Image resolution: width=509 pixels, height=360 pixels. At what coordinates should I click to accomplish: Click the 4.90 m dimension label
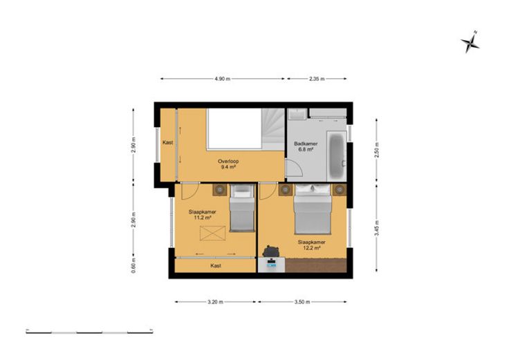223,79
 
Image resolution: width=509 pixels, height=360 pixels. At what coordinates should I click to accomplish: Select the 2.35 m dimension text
317,79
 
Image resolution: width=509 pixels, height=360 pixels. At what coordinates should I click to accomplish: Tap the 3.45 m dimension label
377,228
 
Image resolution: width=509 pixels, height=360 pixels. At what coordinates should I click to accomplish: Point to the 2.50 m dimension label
377,150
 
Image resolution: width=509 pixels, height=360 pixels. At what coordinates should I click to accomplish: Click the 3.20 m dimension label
215,302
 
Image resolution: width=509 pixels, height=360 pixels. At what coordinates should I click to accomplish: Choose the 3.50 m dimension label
302,302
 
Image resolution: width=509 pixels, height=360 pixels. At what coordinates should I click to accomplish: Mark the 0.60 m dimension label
133,265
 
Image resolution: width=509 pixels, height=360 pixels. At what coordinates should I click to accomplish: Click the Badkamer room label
306,146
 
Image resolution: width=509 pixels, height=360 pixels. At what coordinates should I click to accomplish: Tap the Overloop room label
228,164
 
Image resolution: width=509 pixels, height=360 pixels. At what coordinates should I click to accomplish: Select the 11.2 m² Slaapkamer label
202,215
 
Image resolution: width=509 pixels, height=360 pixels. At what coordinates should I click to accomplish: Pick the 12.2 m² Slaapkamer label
312,245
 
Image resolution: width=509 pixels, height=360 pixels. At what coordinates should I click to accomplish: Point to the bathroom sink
297,114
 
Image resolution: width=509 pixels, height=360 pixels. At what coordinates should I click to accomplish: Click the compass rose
470,42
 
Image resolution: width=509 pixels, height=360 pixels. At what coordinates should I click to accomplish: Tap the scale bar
89,332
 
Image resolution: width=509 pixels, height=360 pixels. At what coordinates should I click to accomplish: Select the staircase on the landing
272,129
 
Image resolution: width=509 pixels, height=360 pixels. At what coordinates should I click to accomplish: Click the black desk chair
271,251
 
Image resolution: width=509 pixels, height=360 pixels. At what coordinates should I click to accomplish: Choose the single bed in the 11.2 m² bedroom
242,208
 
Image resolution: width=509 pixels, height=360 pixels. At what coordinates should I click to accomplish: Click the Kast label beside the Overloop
168,142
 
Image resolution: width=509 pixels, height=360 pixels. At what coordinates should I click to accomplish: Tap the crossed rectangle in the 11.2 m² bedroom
212,234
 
